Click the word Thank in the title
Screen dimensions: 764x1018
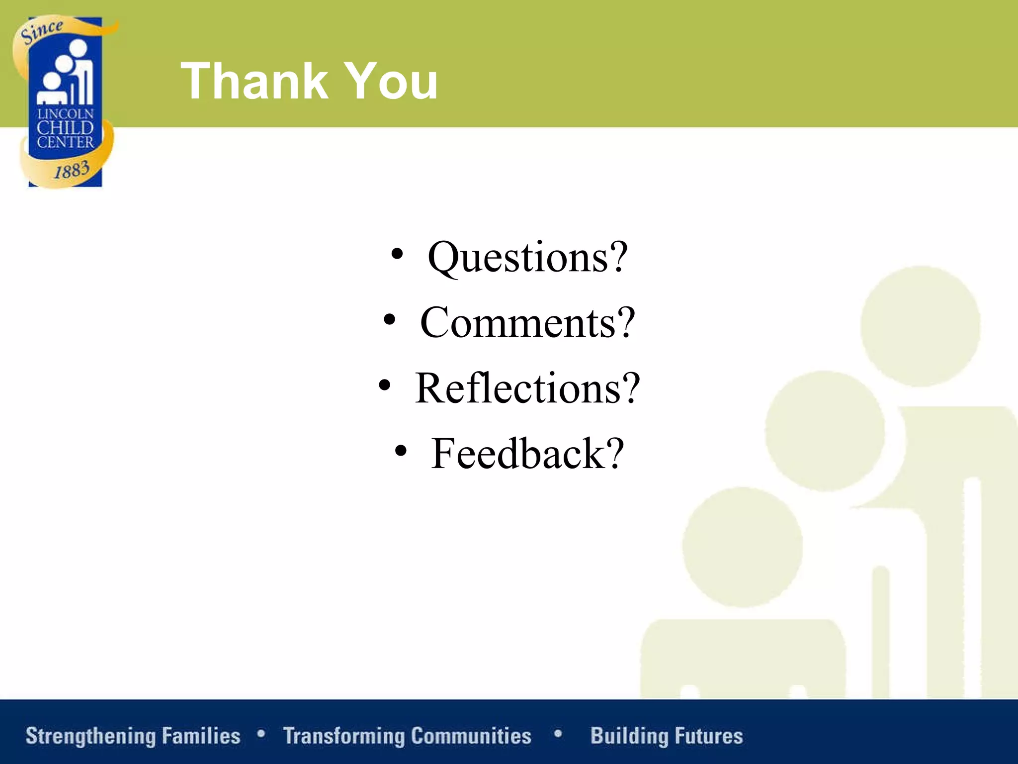click(x=254, y=81)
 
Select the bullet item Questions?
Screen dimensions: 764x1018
click(x=527, y=258)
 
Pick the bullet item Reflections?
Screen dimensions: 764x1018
click(x=527, y=388)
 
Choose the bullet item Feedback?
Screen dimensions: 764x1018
click(x=527, y=454)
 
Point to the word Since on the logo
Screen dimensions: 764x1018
click(x=42, y=31)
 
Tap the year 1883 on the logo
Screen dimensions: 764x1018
click(x=72, y=171)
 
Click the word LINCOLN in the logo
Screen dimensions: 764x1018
click(x=66, y=114)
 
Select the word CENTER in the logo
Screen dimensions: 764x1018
click(x=66, y=143)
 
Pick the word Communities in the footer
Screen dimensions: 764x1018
click(x=471, y=736)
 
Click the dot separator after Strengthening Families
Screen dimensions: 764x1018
click(x=261, y=734)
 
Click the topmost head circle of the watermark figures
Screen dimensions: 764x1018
click(x=920, y=326)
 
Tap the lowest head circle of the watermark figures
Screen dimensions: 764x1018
click(x=742, y=547)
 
